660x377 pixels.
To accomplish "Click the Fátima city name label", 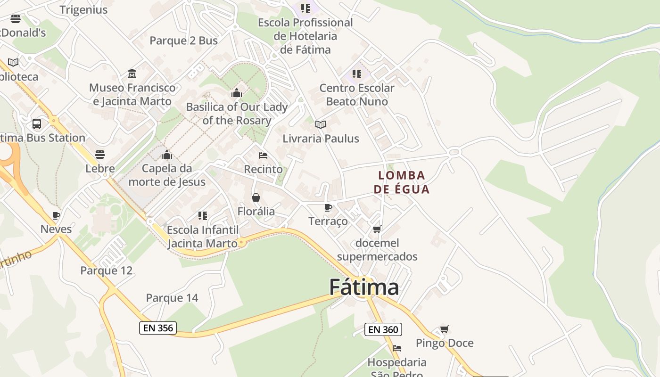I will click(x=364, y=287).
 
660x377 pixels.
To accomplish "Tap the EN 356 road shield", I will click(x=158, y=328).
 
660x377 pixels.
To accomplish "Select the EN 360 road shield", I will click(x=383, y=329).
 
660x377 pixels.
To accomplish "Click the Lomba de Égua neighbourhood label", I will click(x=402, y=182).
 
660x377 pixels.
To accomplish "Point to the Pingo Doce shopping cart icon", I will click(x=444, y=329).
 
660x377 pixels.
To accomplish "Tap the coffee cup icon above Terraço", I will click(x=328, y=207).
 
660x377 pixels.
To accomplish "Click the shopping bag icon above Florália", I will click(x=256, y=197).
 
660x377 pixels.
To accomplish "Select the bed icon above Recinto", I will click(x=263, y=155).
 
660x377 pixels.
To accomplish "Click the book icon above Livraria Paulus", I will click(x=321, y=124).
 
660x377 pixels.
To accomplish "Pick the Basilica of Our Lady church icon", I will click(x=237, y=93).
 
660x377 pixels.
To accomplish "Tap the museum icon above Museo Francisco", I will click(x=132, y=74).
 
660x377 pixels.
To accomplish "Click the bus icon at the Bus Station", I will click(x=37, y=124).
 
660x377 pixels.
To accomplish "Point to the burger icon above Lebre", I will click(x=100, y=154).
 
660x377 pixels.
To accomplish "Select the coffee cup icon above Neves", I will click(x=56, y=216).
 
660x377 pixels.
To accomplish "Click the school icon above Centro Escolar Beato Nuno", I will click(x=357, y=74).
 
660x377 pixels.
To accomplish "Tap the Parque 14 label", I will click(x=172, y=298).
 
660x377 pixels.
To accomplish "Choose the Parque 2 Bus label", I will click(x=184, y=41).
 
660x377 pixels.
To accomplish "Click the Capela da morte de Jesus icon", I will click(x=167, y=155).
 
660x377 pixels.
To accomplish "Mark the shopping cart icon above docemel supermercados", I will click(x=377, y=229).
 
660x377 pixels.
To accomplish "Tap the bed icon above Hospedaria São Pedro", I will click(x=397, y=348).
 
